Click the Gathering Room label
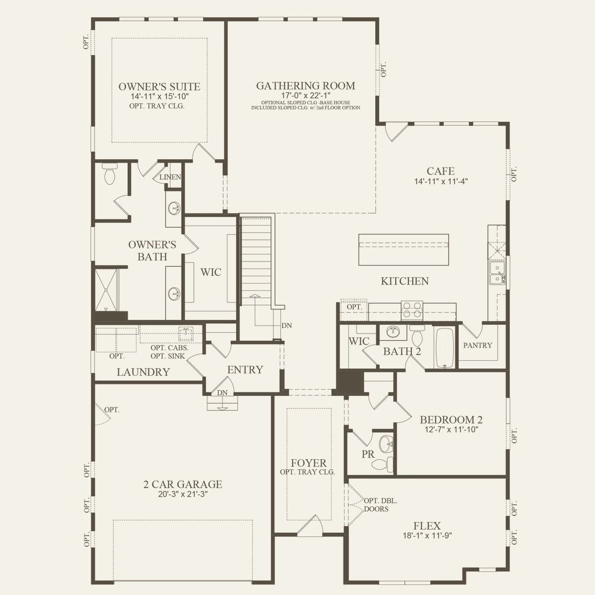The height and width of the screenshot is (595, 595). coord(306,86)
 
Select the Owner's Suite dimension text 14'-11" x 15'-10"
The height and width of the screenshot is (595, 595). coord(159,96)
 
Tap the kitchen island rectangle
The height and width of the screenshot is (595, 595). coord(404,250)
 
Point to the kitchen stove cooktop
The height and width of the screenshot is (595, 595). coord(412,310)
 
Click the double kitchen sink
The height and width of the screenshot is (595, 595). coord(497,273)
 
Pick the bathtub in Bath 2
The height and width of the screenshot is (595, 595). coord(445,347)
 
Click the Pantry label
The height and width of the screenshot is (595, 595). coord(477,345)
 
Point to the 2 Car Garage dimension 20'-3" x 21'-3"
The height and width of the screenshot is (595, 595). coord(182,495)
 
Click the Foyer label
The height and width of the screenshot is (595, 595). coord(308,463)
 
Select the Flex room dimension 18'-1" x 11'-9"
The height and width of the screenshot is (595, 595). coord(427,536)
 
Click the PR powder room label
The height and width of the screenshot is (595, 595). coord(368,454)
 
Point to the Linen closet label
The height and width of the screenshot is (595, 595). coord(170,177)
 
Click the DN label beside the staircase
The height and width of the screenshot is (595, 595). coord(286,325)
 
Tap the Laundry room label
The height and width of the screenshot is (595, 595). coord(143,372)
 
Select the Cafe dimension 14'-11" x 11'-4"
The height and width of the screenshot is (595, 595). coord(440,181)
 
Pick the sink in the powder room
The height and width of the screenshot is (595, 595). coord(386,444)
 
